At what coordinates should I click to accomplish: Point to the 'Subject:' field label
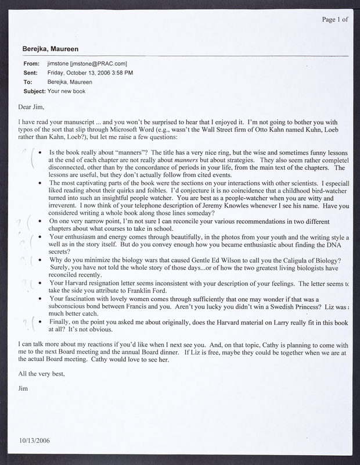[34, 92]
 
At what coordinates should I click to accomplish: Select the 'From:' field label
[31, 63]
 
